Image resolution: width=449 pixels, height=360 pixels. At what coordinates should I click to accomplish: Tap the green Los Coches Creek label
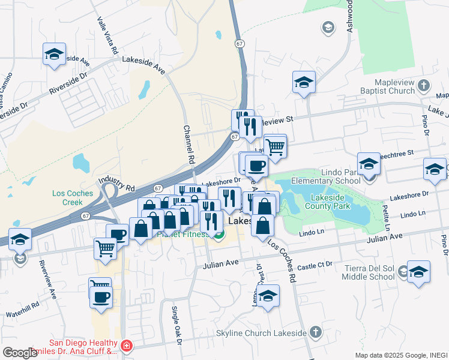point(73,197)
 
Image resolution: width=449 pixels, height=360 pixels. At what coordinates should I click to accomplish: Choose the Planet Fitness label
point(180,234)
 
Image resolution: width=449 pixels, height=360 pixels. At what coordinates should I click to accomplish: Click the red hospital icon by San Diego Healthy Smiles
point(127,346)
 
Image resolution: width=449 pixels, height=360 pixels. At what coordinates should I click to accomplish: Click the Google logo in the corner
point(20,353)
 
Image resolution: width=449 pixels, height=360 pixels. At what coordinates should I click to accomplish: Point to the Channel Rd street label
point(190,145)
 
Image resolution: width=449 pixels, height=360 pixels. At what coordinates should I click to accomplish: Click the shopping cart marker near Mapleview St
point(275,146)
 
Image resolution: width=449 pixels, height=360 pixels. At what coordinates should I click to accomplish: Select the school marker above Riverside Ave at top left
point(54,55)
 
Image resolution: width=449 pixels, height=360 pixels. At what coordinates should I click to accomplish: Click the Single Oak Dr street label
point(176,324)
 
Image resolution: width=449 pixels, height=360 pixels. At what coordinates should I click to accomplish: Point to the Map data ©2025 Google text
point(400,355)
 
